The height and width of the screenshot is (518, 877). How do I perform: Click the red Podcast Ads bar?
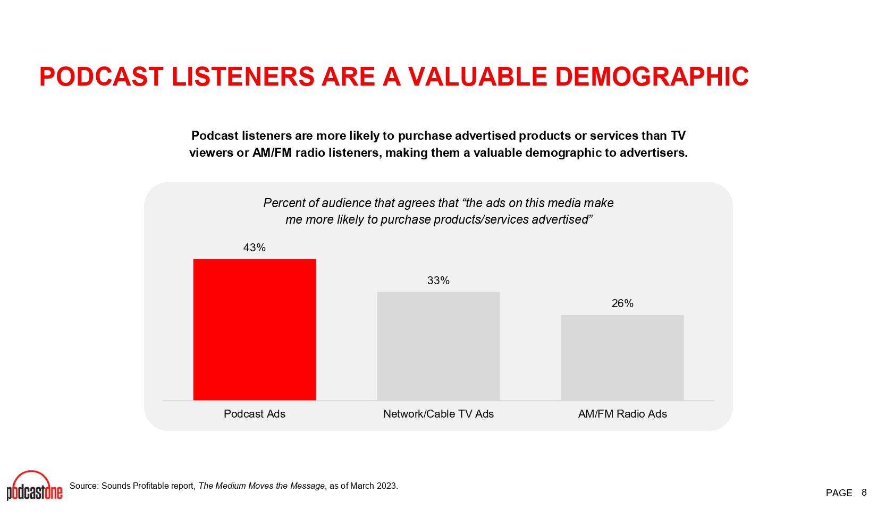coord(255,329)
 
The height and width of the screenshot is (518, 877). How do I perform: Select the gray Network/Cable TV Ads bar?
coord(438,346)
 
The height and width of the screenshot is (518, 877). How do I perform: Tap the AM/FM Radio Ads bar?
coord(622,358)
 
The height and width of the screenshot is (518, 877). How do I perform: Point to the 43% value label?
coord(255,248)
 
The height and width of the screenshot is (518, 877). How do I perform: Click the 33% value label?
coord(438,281)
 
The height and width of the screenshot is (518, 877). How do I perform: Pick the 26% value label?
coord(622,303)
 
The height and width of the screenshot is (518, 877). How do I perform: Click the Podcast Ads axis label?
coord(255,414)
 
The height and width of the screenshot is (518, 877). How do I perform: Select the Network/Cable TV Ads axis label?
coord(438,414)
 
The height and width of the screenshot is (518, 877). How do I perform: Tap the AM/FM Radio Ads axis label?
coord(622,414)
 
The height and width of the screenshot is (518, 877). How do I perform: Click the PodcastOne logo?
coord(35,486)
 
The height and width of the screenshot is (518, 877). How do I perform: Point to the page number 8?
coord(864,492)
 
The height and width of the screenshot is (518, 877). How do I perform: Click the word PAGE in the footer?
coord(839,493)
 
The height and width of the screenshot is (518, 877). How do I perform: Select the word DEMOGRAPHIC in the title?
coord(652,77)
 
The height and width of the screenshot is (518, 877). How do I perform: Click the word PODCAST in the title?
coord(102,77)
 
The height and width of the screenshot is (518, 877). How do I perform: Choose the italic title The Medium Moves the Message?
coord(262,486)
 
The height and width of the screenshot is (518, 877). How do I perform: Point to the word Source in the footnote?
coord(83,486)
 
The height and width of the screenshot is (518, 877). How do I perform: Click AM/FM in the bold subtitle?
coord(272,152)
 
